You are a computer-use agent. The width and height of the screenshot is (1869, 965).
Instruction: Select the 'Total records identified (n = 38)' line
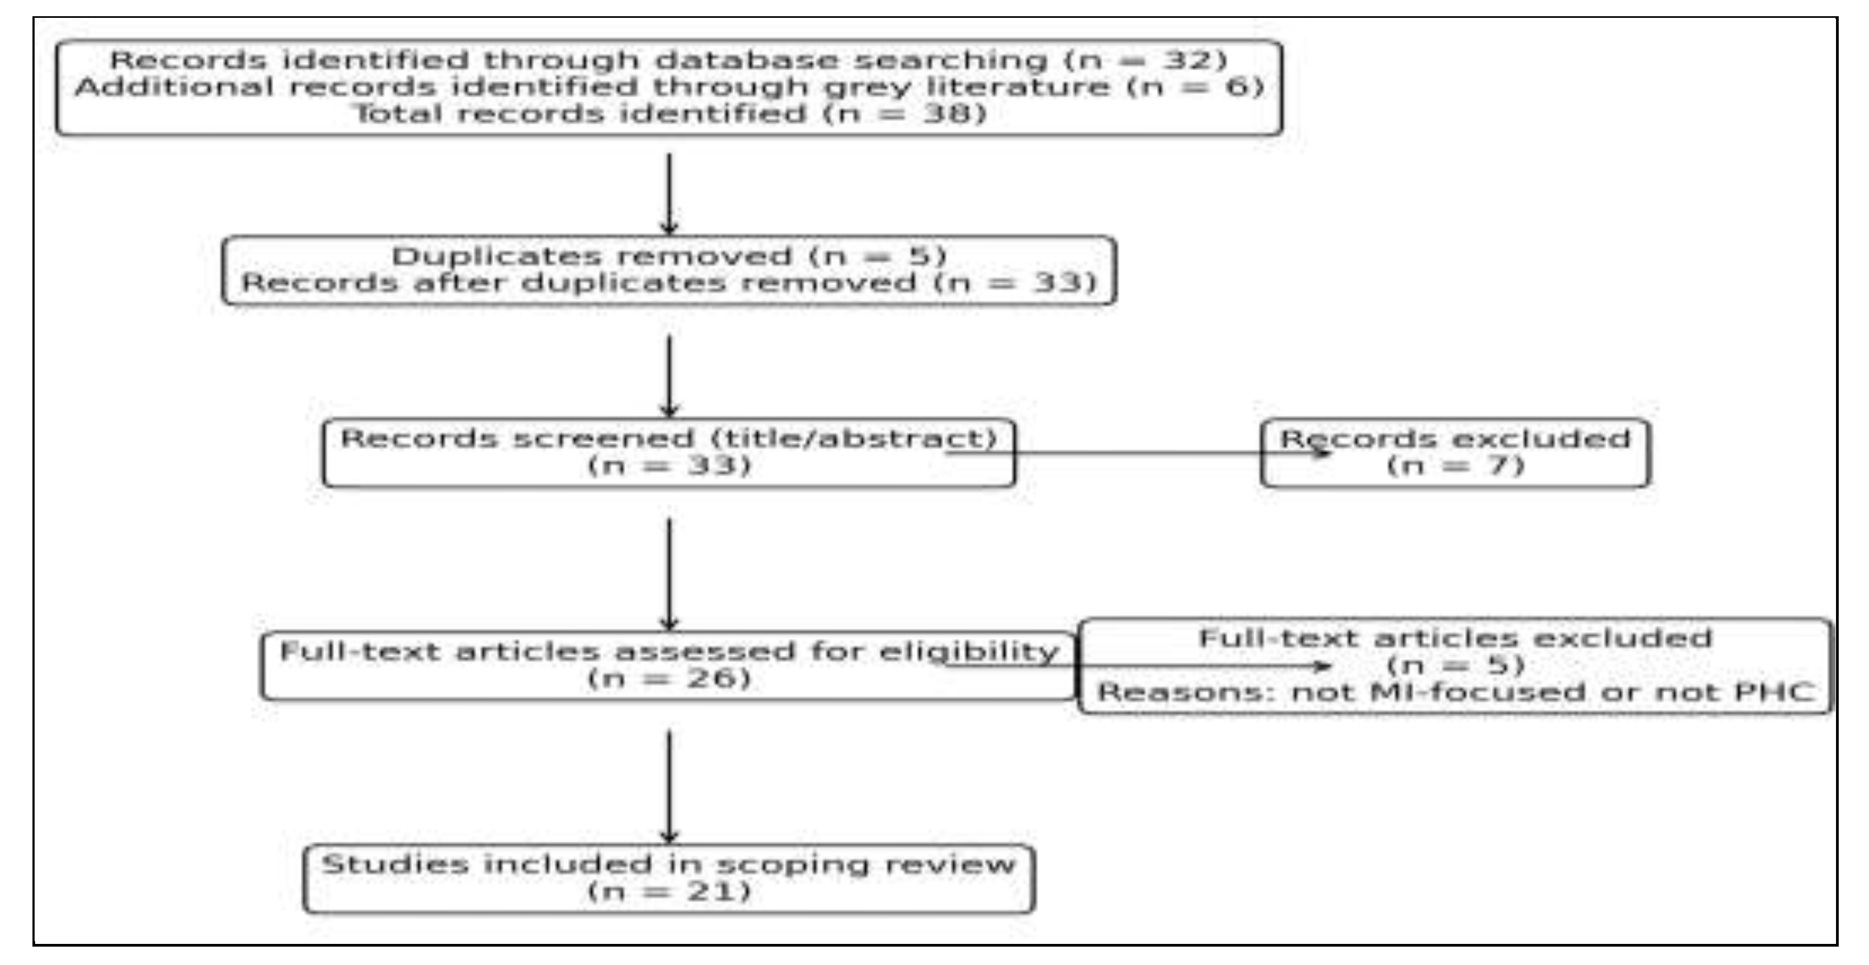tap(669, 114)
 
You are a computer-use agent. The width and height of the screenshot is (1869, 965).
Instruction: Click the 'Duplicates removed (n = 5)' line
tap(669, 256)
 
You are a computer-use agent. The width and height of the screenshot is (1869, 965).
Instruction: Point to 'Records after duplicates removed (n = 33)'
tap(669, 283)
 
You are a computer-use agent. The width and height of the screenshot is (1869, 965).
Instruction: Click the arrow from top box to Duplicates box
tap(669, 192)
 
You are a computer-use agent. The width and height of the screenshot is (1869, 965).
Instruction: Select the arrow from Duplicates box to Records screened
tap(669, 375)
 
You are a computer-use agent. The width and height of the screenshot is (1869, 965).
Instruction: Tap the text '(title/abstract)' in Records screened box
tap(854, 438)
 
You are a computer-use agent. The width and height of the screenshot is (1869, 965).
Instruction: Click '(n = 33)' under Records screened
tap(669, 465)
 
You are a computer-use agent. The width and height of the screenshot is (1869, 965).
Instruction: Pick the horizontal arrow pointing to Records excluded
tap(1139, 454)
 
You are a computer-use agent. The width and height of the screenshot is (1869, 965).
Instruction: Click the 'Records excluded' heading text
tap(1455, 439)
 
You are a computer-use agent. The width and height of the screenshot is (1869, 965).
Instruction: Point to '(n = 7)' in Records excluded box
tap(1455, 465)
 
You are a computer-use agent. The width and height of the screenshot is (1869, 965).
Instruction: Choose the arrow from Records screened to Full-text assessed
tap(669, 573)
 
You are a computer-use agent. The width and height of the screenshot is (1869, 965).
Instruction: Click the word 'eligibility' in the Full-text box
tap(968, 651)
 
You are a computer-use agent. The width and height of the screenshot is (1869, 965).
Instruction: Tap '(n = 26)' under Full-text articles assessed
tap(669, 678)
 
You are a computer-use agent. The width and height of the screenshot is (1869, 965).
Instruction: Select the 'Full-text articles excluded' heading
tap(1455, 638)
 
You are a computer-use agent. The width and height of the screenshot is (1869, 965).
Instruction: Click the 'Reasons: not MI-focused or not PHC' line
tap(1455, 692)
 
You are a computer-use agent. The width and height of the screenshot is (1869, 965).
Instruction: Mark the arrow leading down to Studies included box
tap(669, 786)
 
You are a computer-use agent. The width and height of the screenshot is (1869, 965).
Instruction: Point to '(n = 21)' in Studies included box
tap(669, 891)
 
